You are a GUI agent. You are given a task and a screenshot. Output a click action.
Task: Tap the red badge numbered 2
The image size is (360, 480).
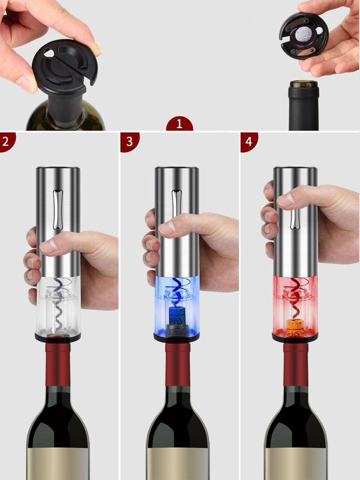5,142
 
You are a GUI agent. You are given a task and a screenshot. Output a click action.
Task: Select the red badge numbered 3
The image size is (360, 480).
130,142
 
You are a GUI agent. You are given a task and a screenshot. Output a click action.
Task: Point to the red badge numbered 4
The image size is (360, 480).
249,142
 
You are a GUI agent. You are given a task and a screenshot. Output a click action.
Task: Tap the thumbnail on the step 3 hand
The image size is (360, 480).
166,228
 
